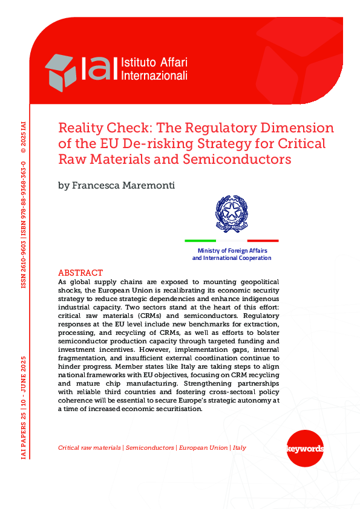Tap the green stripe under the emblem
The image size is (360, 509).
(200, 241)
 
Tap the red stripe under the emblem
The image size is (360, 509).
(263, 241)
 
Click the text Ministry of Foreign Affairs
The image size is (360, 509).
(232, 250)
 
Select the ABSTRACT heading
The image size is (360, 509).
(80, 273)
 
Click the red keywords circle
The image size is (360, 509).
(304, 449)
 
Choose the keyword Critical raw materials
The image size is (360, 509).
(90, 448)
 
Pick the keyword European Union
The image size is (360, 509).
(203, 448)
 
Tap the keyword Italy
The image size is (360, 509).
(240, 448)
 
